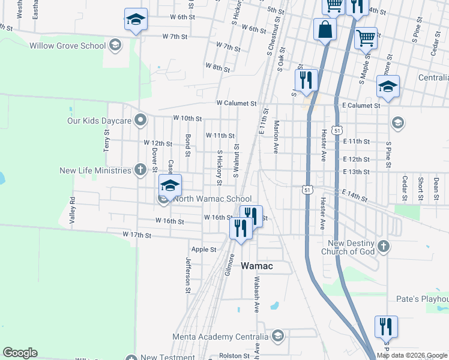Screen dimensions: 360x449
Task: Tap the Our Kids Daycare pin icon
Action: point(140,121)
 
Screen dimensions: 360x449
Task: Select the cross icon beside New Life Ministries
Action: point(140,170)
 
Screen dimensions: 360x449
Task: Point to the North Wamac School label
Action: point(212,199)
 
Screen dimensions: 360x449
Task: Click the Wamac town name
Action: point(257,266)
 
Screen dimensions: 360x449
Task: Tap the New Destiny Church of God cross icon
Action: point(384,247)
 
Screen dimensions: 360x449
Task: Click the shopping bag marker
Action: point(325,29)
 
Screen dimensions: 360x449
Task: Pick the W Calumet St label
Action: point(237,103)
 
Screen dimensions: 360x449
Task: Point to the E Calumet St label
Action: point(361,106)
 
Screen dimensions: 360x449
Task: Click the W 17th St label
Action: point(137,234)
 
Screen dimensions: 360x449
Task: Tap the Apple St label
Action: point(203,249)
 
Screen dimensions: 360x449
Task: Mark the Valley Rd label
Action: point(72,211)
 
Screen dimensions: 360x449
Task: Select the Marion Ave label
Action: point(277,137)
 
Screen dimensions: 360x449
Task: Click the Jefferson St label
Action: point(188,272)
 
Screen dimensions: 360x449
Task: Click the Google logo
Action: point(20,352)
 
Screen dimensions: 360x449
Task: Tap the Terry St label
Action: point(107,143)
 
